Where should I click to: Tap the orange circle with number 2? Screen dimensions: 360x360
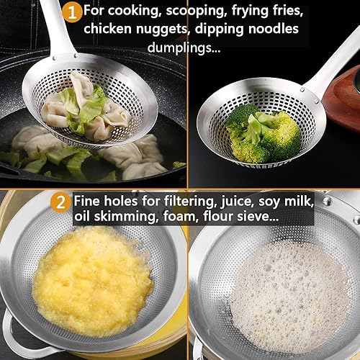pyautogui.click(x=60, y=202)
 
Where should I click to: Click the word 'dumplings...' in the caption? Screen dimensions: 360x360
pyautogui.click(x=184, y=48)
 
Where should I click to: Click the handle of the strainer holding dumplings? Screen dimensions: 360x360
pyautogui.click(x=58, y=29)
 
